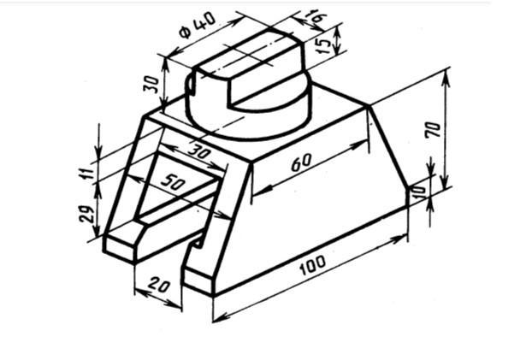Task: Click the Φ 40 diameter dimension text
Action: tap(198, 25)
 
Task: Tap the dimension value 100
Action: tap(312, 265)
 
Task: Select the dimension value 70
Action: tap(433, 130)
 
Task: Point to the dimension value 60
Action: tap(301, 162)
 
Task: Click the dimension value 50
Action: tap(173, 183)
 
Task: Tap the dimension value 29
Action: tap(86, 214)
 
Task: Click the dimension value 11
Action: tap(87, 171)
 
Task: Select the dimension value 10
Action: tap(419, 192)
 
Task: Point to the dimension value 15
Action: tap(324, 44)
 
